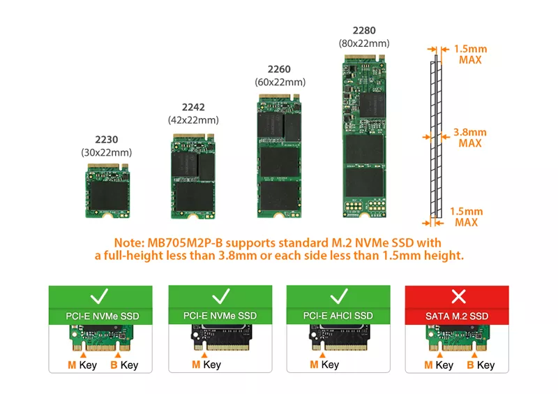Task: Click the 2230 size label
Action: [106, 140]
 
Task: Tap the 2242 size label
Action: [193, 107]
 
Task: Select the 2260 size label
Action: [279, 69]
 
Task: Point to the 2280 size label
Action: [363, 30]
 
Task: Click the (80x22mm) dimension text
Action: [363, 43]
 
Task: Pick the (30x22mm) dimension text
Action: [106, 152]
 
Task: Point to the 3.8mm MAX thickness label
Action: [469, 138]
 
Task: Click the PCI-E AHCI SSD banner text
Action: [339, 316]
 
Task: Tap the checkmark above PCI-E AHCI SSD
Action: [339, 296]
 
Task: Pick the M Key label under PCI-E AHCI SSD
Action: [324, 365]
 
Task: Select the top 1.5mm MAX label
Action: [469, 54]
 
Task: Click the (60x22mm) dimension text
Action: [279, 82]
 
